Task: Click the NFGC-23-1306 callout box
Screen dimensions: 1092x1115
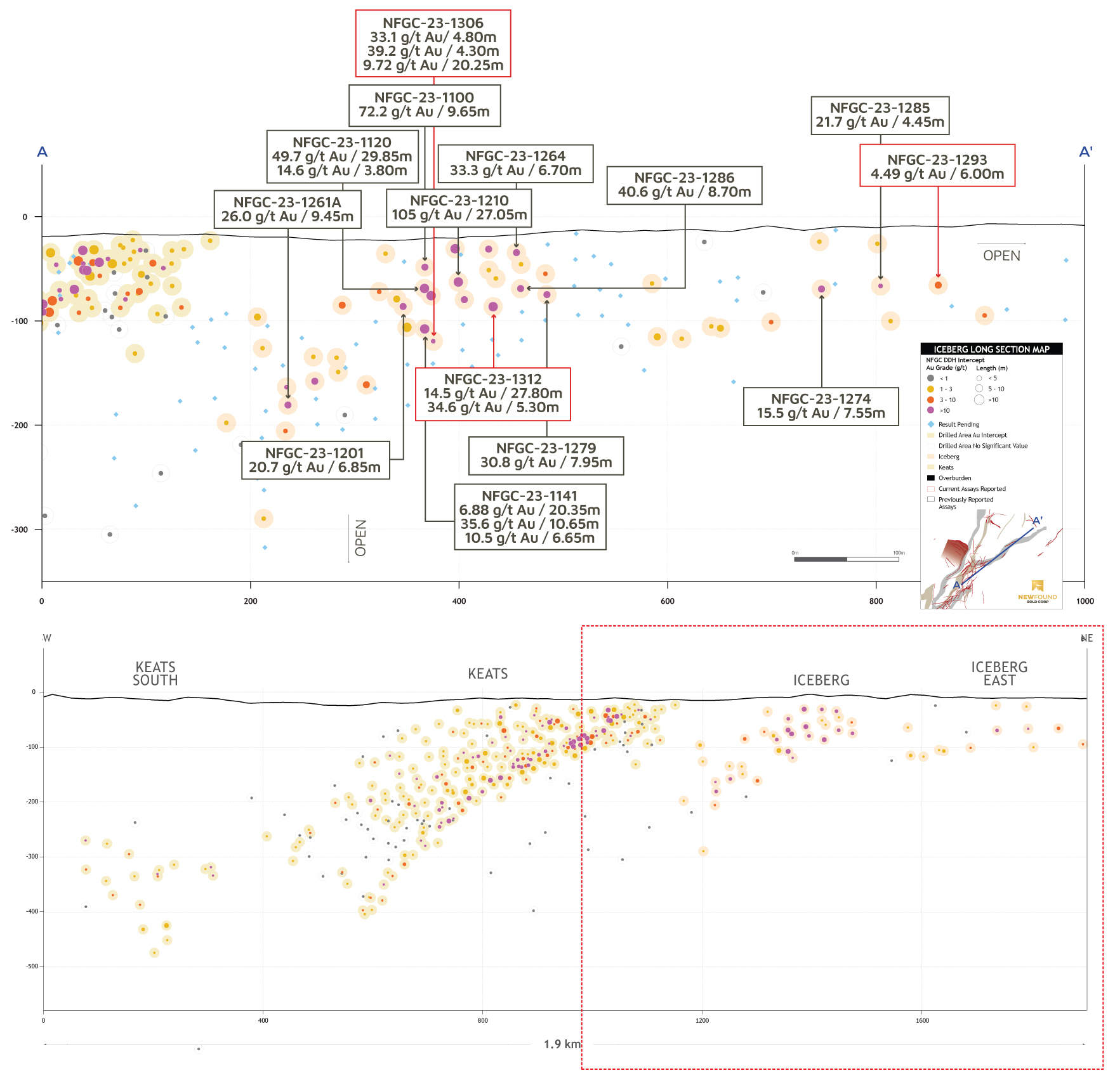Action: (x=433, y=44)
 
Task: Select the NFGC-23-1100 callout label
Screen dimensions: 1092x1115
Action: (x=425, y=105)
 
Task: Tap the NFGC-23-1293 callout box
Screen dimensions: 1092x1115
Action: (x=937, y=166)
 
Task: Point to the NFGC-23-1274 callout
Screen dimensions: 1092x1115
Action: (x=821, y=406)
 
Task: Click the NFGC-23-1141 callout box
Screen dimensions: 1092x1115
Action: (x=530, y=517)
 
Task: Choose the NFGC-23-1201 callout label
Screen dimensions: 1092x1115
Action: (x=315, y=460)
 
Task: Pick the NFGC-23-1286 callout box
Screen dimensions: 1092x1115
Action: (x=684, y=185)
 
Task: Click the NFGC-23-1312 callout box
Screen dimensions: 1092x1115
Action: (x=492, y=394)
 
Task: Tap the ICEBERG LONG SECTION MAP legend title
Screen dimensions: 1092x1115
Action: (x=991, y=349)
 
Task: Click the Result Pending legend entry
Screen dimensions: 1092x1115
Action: (x=958, y=424)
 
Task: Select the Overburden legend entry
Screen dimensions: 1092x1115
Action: (x=954, y=478)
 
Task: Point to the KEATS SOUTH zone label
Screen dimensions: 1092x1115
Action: (x=155, y=673)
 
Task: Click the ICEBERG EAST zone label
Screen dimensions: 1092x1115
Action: (x=999, y=673)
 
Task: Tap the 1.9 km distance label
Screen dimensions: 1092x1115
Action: (x=562, y=1044)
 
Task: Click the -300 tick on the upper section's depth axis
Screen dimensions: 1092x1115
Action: (x=21, y=530)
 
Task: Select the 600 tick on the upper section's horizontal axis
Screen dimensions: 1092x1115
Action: (x=667, y=601)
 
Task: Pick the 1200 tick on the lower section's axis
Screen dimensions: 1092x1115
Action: (x=702, y=1020)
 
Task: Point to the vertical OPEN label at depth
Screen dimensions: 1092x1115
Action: (x=360, y=538)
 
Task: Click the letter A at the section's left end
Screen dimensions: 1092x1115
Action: (x=43, y=152)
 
